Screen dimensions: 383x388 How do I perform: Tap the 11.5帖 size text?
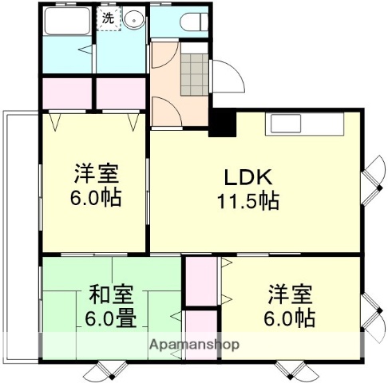click(248, 201)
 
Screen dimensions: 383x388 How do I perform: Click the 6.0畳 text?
click(105, 318)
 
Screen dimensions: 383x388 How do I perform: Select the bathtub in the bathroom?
click(68, 22)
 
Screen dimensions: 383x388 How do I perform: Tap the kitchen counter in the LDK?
click(304, 124)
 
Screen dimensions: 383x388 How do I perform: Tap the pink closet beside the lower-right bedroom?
click(201, 283)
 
